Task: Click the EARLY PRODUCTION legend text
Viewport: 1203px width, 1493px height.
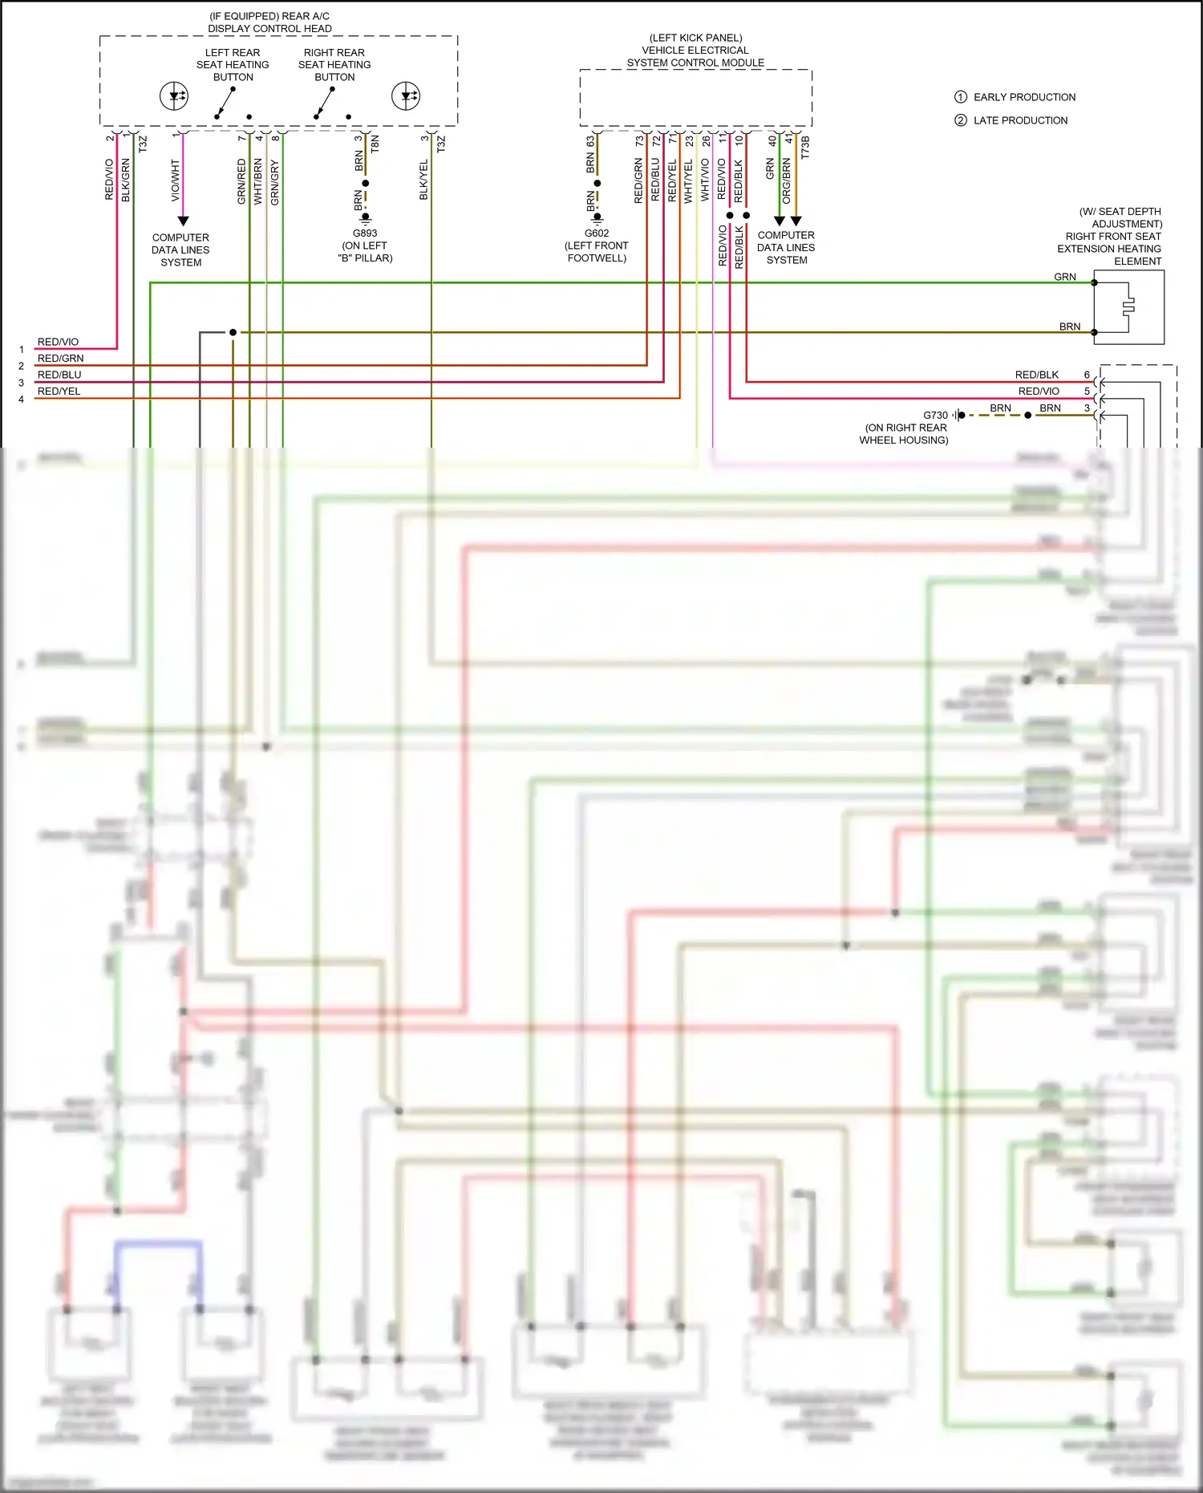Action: tap(1024, 97)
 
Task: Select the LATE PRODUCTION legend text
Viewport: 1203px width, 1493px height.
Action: tap(1020, 120)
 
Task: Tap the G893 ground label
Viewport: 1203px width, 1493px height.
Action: tap(365, 233)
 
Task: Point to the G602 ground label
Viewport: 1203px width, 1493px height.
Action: tap(597, 233)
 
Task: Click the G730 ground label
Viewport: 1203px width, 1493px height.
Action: tap(935, 416)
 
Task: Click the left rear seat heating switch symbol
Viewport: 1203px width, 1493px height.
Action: tap(227, 103)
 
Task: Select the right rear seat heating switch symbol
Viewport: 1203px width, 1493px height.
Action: tap(326, 103)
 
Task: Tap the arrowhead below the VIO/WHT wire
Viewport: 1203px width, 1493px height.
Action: tap(183, 221)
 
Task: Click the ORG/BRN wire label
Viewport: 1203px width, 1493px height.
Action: tap(787, 181)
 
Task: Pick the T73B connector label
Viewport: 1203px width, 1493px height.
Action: tap(805, 147)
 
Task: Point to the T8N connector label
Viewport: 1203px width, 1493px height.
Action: tap(375, 144)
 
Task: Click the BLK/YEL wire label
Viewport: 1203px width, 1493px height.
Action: tap(423, 181)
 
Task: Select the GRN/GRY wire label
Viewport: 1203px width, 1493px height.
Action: tap(275, 182)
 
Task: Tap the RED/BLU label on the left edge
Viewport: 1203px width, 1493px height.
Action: tap(59, 375)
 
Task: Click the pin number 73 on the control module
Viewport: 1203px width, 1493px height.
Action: tap(639, 140)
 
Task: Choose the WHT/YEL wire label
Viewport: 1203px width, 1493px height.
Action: tap(688, 181)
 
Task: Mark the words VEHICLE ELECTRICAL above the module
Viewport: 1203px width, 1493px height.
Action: tap(695, 50)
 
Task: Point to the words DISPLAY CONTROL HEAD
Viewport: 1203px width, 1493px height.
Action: tap(269, 29)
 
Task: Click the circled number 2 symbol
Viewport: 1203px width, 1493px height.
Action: tap(960, 120)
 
